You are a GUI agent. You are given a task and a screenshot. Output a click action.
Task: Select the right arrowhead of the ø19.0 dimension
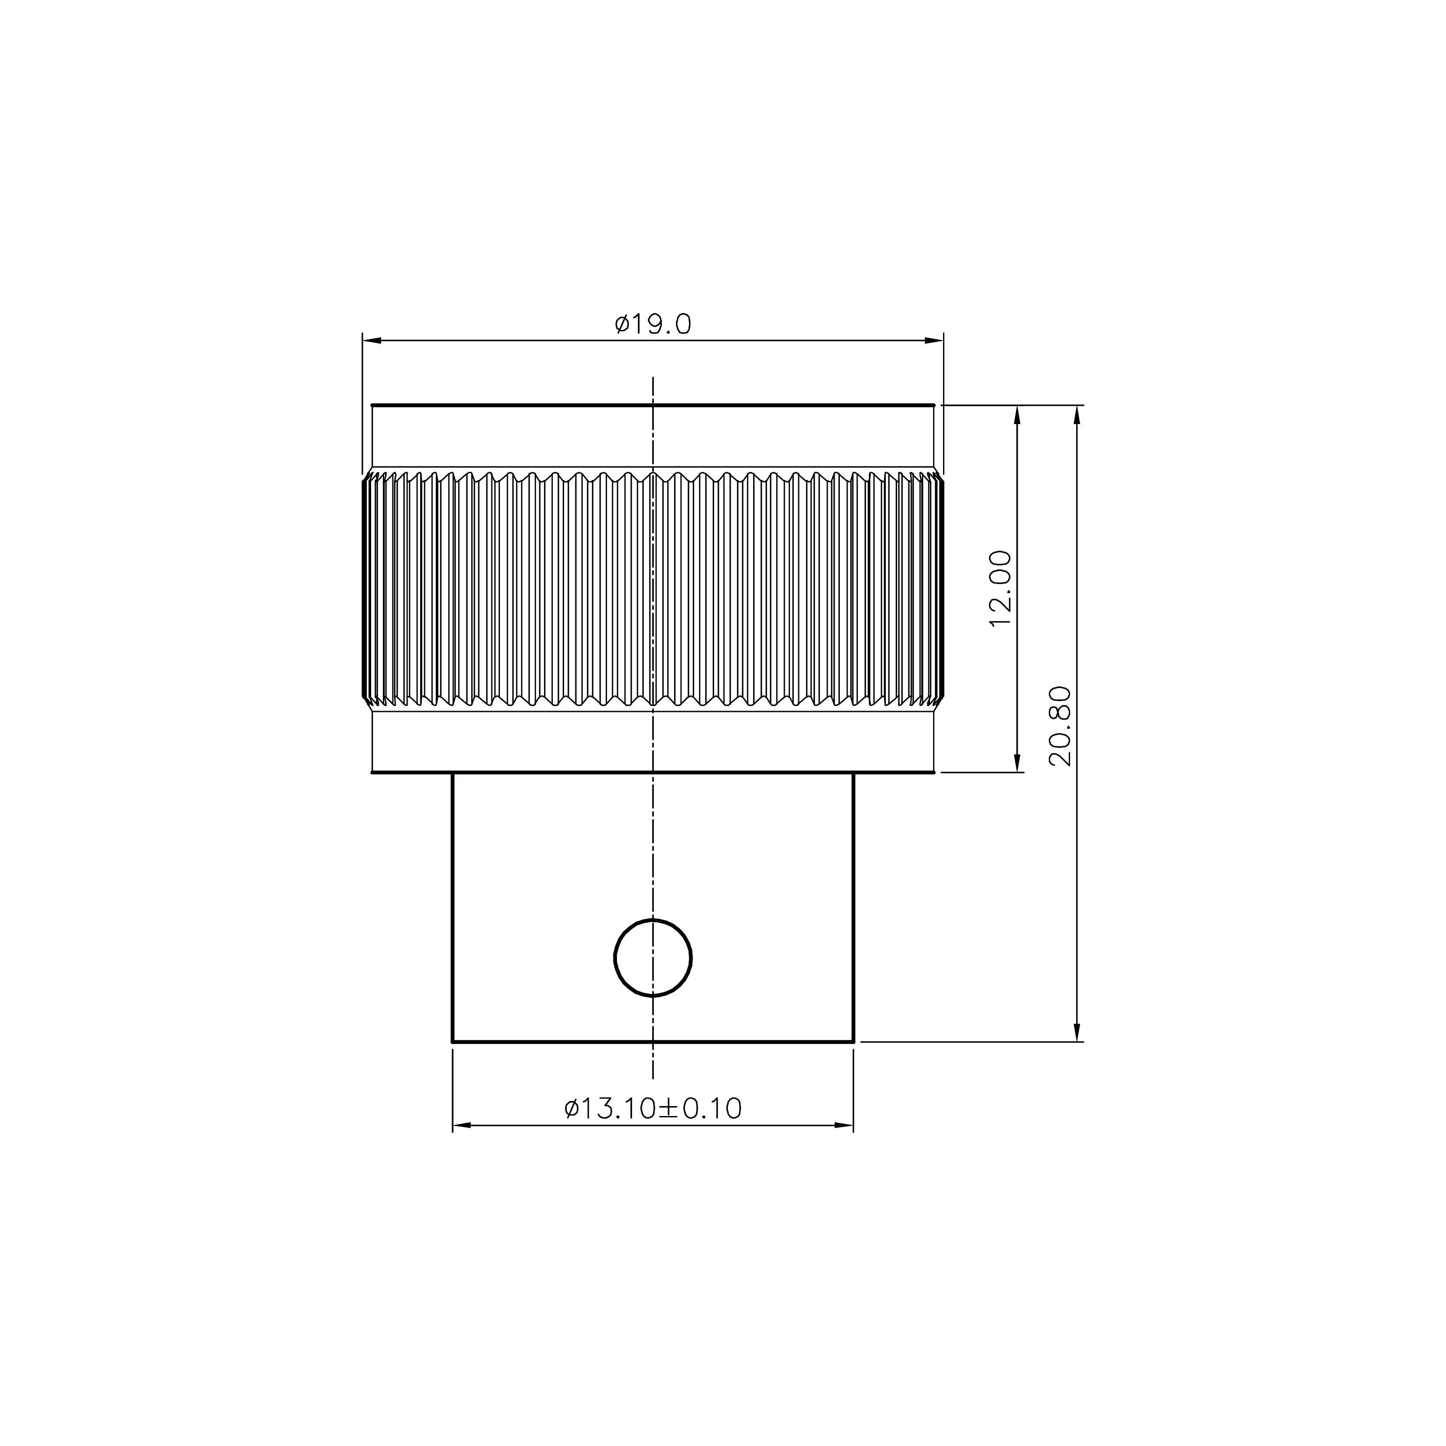[934, 340]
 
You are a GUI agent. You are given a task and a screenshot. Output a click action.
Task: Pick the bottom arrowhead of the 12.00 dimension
[1016, 762]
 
